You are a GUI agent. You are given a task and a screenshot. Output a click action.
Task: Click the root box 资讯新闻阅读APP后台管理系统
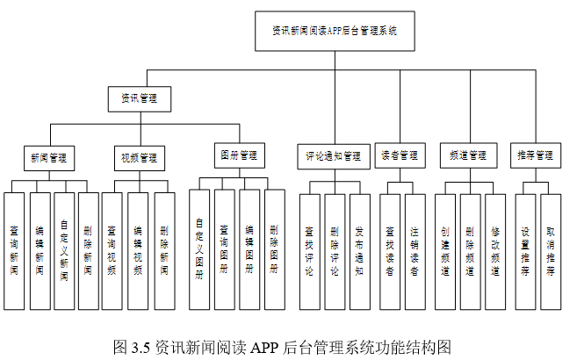pos(334,30)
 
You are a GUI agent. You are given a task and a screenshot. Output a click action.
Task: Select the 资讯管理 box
pos(138,99)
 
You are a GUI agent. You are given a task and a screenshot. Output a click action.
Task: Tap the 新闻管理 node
pos(48,158)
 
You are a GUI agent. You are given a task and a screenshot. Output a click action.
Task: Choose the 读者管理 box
pos(400,155)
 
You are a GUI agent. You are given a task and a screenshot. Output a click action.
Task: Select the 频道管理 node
pos(467,155)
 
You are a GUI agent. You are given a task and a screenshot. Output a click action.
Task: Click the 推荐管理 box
pos(535,155)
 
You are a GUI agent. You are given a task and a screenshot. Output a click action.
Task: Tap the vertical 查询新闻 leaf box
pos(15,249)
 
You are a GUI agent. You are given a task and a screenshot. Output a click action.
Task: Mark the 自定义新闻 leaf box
pos(63,249)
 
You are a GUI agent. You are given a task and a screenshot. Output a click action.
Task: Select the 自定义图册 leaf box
pos(200,249)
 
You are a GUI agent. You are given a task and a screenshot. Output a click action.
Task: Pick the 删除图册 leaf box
pos(274,249)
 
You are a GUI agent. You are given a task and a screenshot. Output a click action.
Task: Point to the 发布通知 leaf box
pos(359,249)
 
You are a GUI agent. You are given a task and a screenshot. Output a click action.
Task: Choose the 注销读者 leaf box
pos(414,249)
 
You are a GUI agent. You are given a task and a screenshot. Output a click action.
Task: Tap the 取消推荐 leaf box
pos(550,249)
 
